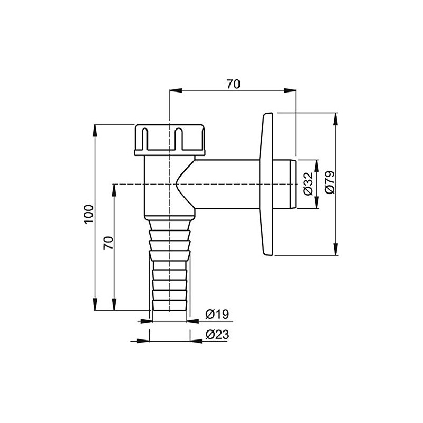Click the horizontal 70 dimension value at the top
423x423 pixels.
click(x=233, y=84)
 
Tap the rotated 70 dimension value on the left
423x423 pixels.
click(x=108, y=243)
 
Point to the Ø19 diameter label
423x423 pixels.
click(x=216, y=315)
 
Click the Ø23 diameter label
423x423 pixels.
click(x=216, y=334)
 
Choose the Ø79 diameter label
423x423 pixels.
click(x=329, y=182)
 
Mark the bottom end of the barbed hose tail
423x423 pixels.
click(x=169, y=308)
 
